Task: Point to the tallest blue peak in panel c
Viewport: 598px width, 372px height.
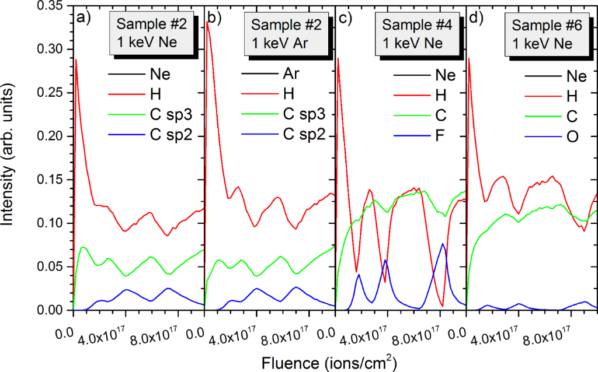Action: pyautogui.click(x=443, y=244)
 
